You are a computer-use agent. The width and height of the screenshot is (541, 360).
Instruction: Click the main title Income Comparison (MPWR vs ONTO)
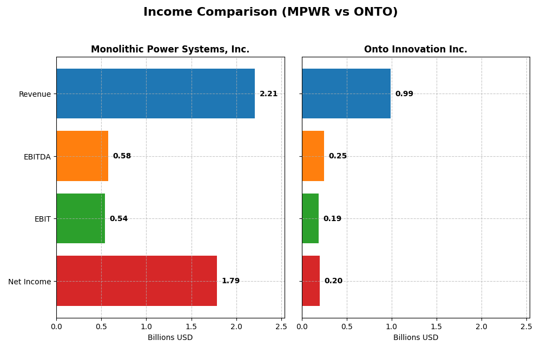pyautogui.click(x=270, y=12)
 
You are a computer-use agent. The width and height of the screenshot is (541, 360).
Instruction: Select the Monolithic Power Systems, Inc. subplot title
pyautogui.click(x=170, y=50)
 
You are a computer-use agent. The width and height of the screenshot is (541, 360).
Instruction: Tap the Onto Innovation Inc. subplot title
pyautogui.click(x=415, y=50)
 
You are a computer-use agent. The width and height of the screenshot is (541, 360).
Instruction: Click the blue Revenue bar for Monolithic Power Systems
pyautogui.click(x=155, y=94)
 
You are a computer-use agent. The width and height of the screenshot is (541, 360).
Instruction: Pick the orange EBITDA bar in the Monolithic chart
pyautogui.click(x=82, y=156)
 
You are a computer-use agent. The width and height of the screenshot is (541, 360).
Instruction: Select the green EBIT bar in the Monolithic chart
pyautogui.click(x=81, y=218)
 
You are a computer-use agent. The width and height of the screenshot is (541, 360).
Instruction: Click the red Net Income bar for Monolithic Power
pyautogui.click(x=136, y=281)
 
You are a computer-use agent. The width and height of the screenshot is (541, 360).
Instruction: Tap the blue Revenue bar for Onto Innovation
pyautogui.click(x=346, y=94)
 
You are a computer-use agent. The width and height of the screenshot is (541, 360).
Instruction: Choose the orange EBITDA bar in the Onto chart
pyautogui.click(x=313, y=156)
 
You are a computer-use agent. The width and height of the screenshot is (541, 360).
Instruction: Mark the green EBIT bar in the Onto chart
pyautogui.click(x=310, y=218)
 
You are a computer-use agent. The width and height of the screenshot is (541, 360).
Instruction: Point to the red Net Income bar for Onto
pyautogui.click(x=311, y=281)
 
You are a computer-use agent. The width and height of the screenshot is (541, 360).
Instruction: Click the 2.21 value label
pyautogui.click(x=268, y=94)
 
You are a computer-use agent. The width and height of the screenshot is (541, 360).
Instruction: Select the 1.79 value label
pyautogui.click(x=230, y=281)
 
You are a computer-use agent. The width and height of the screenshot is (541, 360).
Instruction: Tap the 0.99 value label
pyautogui.click(x=404, y=94)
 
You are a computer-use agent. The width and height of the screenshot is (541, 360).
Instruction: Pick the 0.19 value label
pyautogui.click(x=332, y=219)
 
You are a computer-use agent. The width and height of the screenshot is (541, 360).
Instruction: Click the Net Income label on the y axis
pyautogui.click(x=29, y=282)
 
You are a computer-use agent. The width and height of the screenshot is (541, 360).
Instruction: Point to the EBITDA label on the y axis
pyautogui.click(x=37, y=157)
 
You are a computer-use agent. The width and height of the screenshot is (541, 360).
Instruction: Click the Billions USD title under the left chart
pyautogui.click(x=170, y=338)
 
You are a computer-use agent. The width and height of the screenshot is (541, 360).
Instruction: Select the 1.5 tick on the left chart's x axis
pyautogui.click(x=191, y=326)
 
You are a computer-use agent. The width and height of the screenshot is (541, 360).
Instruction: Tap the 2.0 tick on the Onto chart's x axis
pyautogui.click(x=481, y=326)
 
